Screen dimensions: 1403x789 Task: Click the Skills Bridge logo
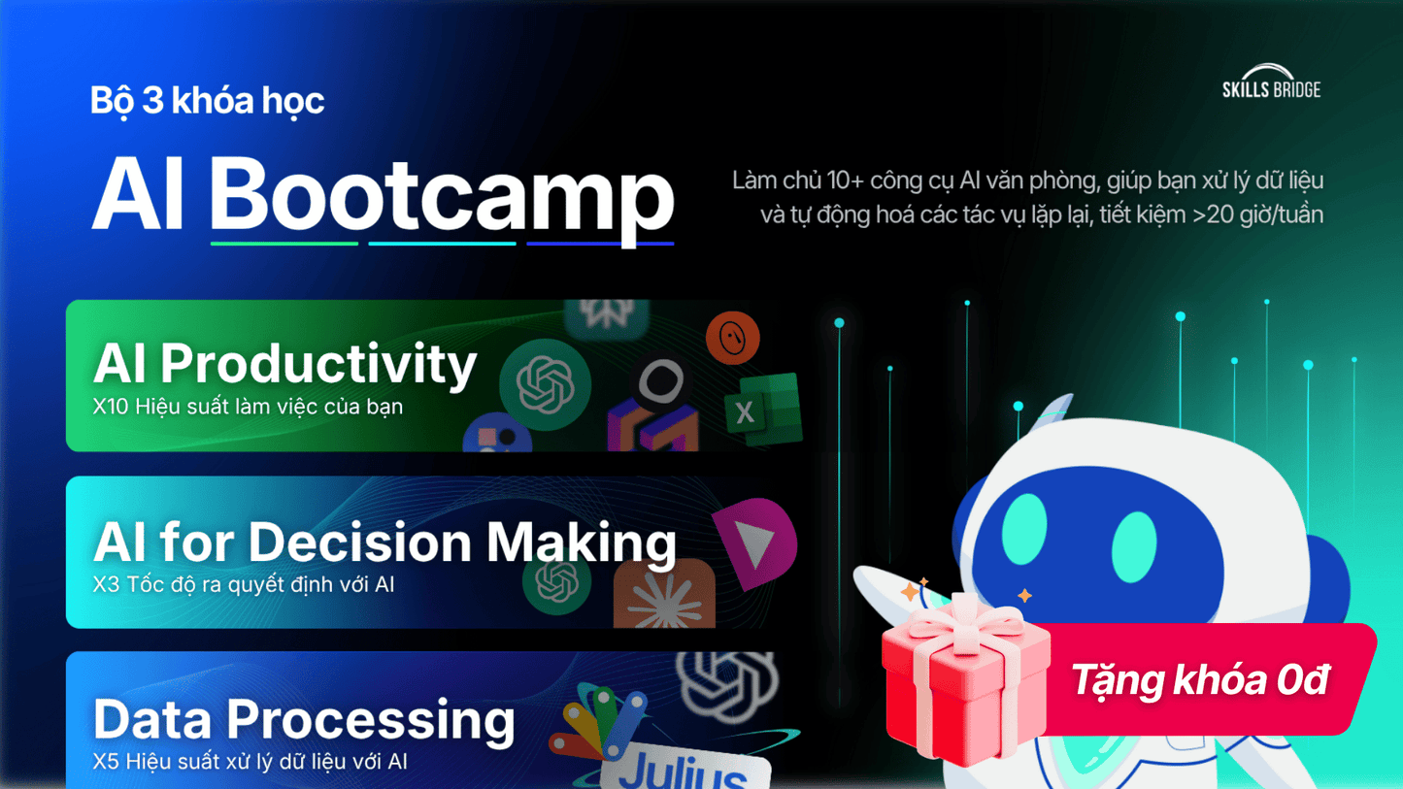pyautogui.click(x=1272, y=82)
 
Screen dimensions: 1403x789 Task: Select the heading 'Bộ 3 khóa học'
pyautogui.click(x=208, y=100)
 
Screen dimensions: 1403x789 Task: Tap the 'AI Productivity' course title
pyautogui.click(x=285, y=364)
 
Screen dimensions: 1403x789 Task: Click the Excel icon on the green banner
pyautogui.click(x=763, y=410)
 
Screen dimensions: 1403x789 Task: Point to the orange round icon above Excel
pyautogui.click(x=733, y=338)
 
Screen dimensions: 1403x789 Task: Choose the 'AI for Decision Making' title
pyautogui.click(x=384, y=542)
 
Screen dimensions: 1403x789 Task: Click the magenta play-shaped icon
pyautogui.click(x=756, y=542)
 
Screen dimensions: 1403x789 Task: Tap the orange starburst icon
pyautogui.click(x=664, y=594)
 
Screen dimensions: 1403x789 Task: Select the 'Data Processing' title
pyautogui.click(x=304, y=719)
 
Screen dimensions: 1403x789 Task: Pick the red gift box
pyautogui.click(x=965, y=680)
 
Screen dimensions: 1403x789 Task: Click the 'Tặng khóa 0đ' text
pyautogui.click(x=1199, y=679)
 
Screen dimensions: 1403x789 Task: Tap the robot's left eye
pyautogui.click(x=1024, y=529)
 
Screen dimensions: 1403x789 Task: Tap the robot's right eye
pyautogui.click(x=1134, y=547)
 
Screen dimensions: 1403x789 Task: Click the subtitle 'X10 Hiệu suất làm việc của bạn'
pyautogui.click(x=248, y=407)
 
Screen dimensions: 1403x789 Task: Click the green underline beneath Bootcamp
pyautogui.click(x=284, y=244)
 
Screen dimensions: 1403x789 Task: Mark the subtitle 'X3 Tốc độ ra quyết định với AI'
pyautogui.click(x=244, y=585)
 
